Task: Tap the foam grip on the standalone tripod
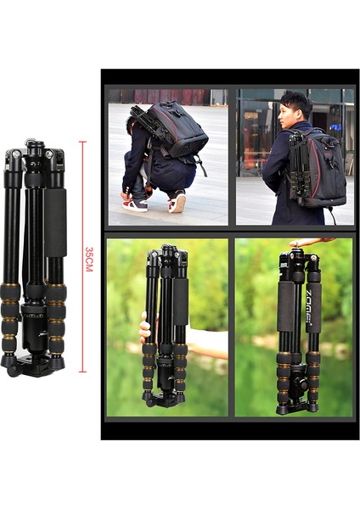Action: pos(56,222)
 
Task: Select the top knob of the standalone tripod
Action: pos(34,146)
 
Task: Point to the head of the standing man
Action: pos(295,108)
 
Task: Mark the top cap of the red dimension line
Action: pos(82,142)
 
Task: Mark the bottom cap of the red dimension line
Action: pos(82,372)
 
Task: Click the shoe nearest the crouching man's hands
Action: pos(135,204)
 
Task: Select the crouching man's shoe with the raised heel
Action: pos(177,203)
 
